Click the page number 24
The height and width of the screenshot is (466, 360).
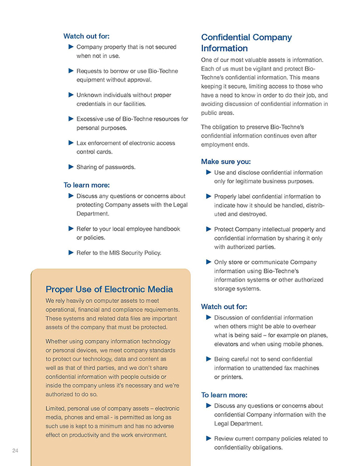(15, 451)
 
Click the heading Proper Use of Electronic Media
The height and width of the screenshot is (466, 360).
(109, 289)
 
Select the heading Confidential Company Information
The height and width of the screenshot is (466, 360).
(246, 42)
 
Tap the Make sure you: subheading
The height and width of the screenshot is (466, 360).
(226, 161)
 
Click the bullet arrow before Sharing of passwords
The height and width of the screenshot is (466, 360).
(71, 167)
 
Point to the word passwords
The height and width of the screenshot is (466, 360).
(120, 167)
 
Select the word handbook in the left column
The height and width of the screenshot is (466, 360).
(165, 229)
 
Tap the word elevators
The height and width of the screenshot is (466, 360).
(228, 344)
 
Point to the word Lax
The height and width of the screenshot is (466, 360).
(82, 143)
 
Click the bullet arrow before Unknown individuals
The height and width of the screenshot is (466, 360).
(71, 95)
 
